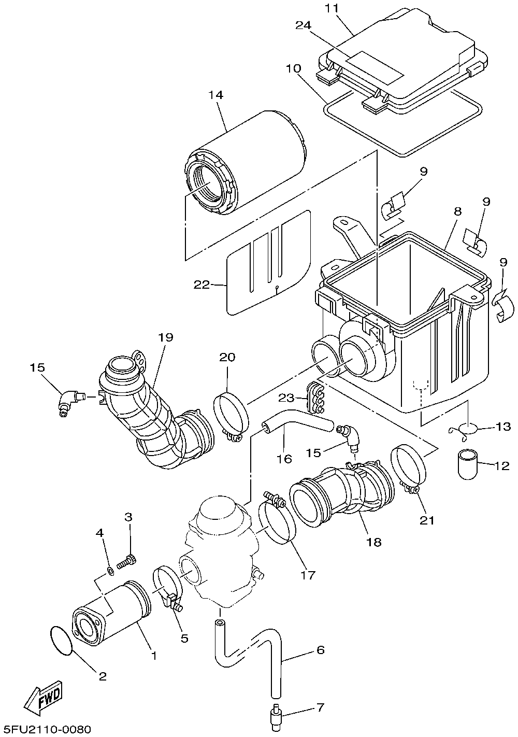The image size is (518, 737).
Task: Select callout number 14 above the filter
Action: [216, 95]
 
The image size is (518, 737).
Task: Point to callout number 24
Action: [303, 25]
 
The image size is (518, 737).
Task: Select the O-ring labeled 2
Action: [62, 639]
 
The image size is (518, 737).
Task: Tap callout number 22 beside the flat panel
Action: [202, 285]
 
